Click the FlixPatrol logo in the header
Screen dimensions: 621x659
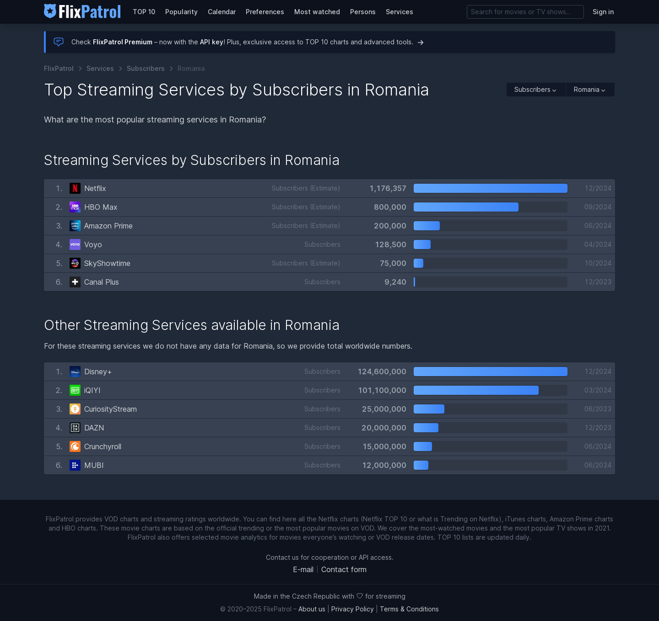(x=82, y=11)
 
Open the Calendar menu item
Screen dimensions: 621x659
(x=221, y=12)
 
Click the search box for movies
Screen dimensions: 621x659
(x=525, y=12)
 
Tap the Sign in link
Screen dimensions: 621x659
(x=603, y=12)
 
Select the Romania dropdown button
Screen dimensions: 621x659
(x=589, y=90)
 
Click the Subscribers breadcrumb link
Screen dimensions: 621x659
(x=146, y=69)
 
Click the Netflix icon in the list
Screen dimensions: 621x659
(x=75, y=188)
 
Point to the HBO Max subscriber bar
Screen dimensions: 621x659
(x=466, y=207)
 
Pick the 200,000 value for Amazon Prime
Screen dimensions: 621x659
(x=390, y=226)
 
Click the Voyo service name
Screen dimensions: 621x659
(x=93, y=244)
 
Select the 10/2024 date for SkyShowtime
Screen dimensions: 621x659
(x=598, y=263)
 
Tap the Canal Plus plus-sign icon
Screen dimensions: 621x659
(x=75, y=282)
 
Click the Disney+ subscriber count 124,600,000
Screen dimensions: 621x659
(x=382, y=372)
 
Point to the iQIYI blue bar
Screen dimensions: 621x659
(x=476, y=390)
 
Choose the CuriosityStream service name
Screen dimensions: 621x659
(x=110, y=409)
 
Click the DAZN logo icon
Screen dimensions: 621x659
(x=75, y=428)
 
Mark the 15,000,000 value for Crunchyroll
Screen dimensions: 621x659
(x=384, y=446)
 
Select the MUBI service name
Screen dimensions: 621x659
(x=94, y=465)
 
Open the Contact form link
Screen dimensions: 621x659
(x=344, y=569)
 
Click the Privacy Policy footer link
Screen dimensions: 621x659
(x=352, y=609)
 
